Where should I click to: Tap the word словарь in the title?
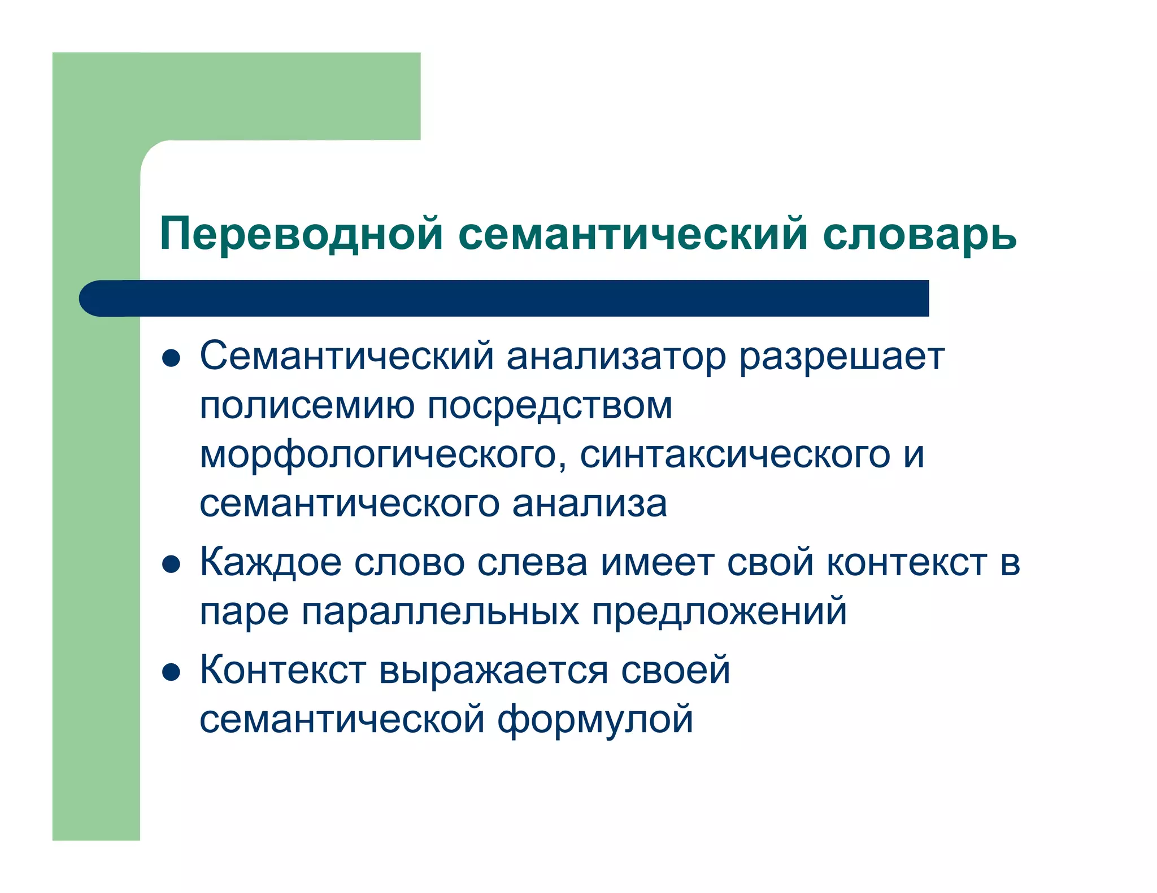[919, 234]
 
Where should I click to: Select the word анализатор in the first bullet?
[616, 356]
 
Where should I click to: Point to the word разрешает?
[842, 356]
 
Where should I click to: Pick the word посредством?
[550, 405]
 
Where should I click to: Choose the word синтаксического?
[735, 455]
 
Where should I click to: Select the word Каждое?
[271, 562]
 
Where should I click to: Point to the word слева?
[532, 562]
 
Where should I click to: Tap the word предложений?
[719, 611]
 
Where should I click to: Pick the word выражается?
[493, 671]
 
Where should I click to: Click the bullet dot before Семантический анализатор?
[171, 358]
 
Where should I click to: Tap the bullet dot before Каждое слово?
[171, 564]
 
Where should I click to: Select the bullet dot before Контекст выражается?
[171, 672]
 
